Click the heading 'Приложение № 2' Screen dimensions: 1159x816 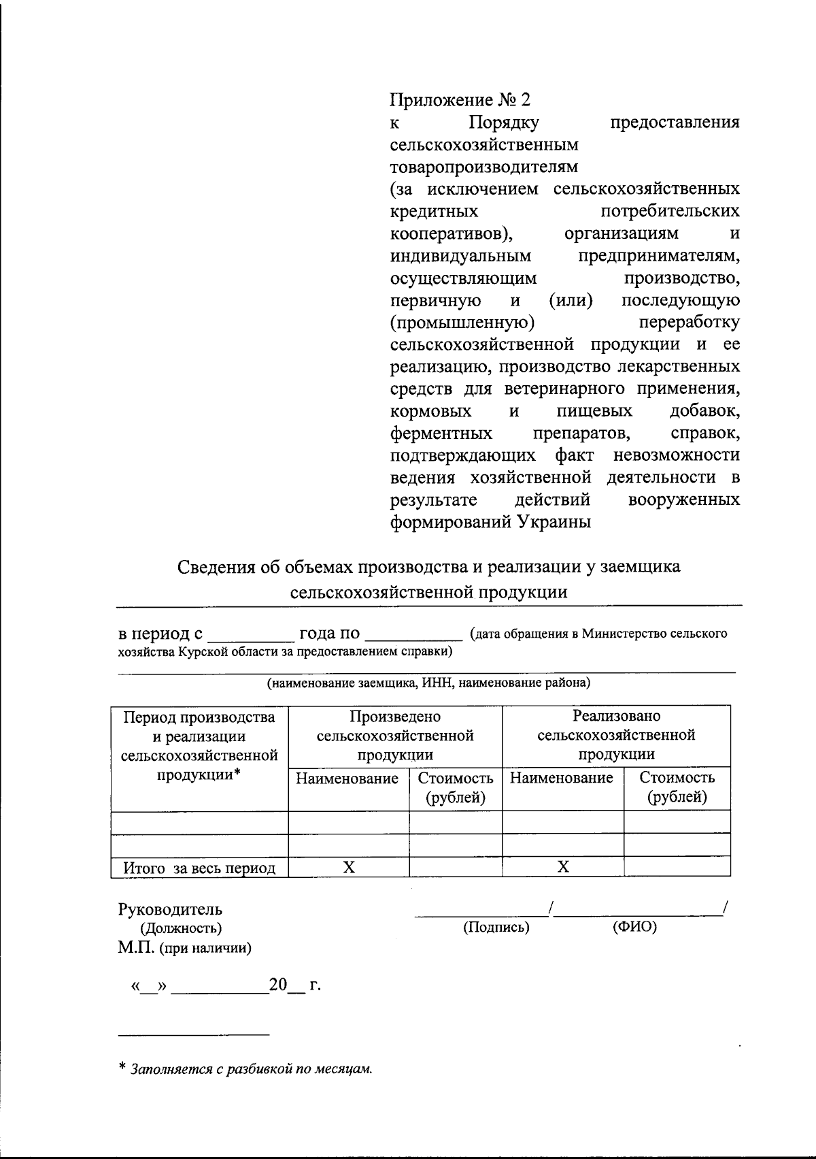[x=459, y=100]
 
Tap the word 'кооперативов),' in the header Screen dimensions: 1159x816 [x=451, y=233]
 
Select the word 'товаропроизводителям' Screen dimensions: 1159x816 [x=483, y=167]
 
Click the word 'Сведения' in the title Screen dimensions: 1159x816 [x=216, y=567]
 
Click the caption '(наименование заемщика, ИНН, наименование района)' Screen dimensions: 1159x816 [x=428, y=682]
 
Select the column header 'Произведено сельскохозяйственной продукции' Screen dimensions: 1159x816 [x=395, y=735]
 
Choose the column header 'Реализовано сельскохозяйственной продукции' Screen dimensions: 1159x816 [x=616, y=735]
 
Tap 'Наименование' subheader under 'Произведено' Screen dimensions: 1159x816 [x=347, y=779]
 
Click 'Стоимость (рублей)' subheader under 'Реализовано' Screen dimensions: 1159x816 [x=677, y=787]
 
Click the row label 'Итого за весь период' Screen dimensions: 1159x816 [x=199, y=868]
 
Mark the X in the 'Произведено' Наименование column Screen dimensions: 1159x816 [x=349, y=867]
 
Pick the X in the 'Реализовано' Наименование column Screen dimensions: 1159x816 [x=563, y=867]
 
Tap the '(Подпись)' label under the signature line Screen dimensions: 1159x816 [x=496, y=927]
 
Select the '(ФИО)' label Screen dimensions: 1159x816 [x=634, y=927]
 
